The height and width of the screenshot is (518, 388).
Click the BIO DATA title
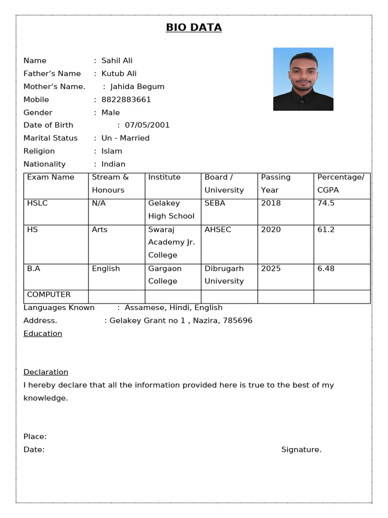coord(193,27)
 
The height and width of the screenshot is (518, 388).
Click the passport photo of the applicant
coord(303,79)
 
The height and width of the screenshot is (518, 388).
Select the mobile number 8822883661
coord(126,100)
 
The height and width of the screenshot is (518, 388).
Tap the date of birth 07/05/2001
coord(147,125)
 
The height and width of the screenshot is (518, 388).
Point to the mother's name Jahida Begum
coord(137,87)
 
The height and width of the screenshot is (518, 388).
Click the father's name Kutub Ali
coord(119,73)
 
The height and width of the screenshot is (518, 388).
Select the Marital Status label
coord(51,138)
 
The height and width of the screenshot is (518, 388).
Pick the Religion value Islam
coord(112,151)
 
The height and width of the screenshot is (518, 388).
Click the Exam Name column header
coord(51,177)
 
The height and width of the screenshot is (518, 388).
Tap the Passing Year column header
coord(276,184)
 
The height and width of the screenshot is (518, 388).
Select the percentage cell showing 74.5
coord(326,203)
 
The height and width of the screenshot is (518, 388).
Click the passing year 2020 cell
coord(271,229)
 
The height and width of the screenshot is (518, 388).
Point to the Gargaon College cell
coord(165,275)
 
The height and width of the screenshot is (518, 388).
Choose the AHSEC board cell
coord(218,229)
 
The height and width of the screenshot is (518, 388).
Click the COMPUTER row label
coord(48,294)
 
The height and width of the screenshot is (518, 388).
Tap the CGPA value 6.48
coord(326,269)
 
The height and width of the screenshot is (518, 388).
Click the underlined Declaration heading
coord(45,372)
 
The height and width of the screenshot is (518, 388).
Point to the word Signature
coord(301,450)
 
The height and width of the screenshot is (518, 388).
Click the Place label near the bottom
coord(35,437)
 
